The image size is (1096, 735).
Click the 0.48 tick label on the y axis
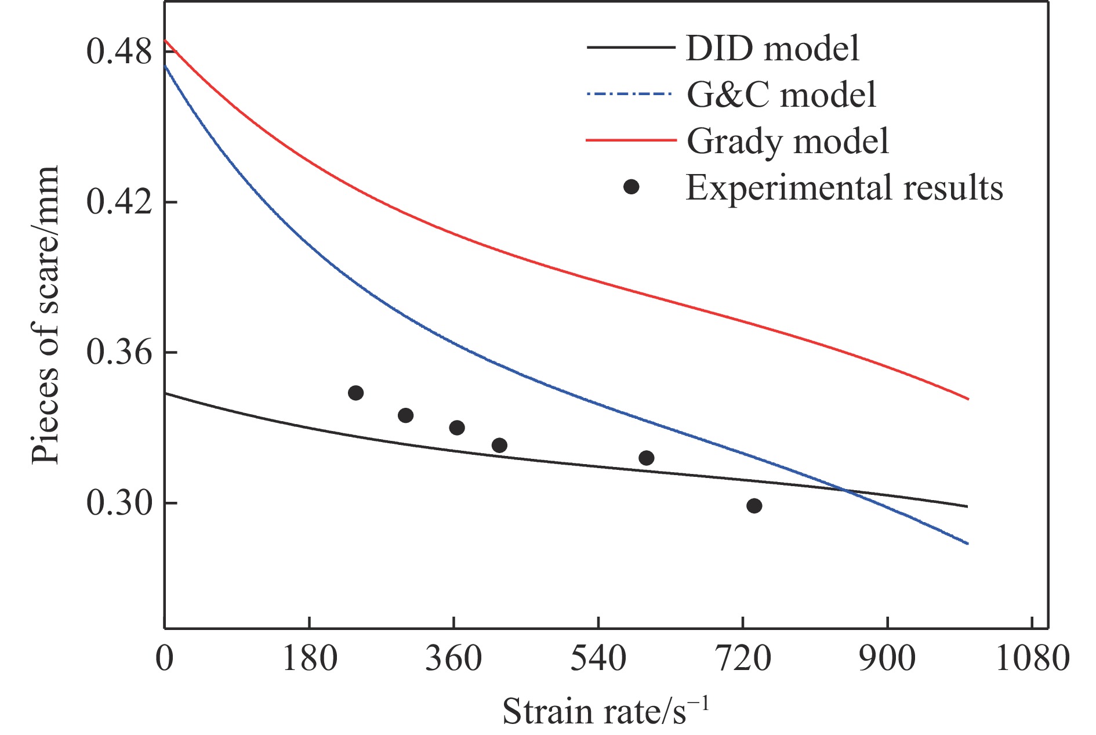119,52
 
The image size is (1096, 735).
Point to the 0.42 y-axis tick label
119,202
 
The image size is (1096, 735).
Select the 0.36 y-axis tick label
119,352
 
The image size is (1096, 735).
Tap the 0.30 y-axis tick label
119,502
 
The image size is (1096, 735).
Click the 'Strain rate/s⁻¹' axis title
605,711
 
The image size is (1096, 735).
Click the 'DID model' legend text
772,48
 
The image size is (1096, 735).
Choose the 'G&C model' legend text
781,94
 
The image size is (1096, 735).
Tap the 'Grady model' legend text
787,141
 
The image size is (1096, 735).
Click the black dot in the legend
631,187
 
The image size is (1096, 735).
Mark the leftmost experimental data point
355,393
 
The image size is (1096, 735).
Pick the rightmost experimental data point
754,506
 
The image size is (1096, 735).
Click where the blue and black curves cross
844,491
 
